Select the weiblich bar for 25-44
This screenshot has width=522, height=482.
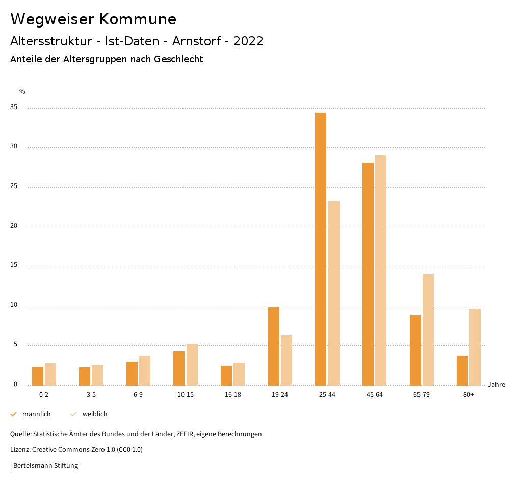[x=334, y=293]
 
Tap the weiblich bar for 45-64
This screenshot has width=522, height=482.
[x=381, y=270]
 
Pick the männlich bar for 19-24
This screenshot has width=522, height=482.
[x=274, y=346]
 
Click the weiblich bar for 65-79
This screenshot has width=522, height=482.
[x=428, y=330]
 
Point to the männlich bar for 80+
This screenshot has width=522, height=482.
[x=462, y=370]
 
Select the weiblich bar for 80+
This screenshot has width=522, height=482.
[x=475, y=347]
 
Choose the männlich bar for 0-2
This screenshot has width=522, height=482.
[x=38, y=376]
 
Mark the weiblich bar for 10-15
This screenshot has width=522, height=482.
[x=192, y=365]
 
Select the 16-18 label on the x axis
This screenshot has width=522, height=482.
[x=232, y=395]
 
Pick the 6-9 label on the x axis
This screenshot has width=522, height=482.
[x=138, y=395]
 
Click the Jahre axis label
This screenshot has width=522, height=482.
[x=496, y=385]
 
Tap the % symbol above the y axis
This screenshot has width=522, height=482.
[x=22, y=92]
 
